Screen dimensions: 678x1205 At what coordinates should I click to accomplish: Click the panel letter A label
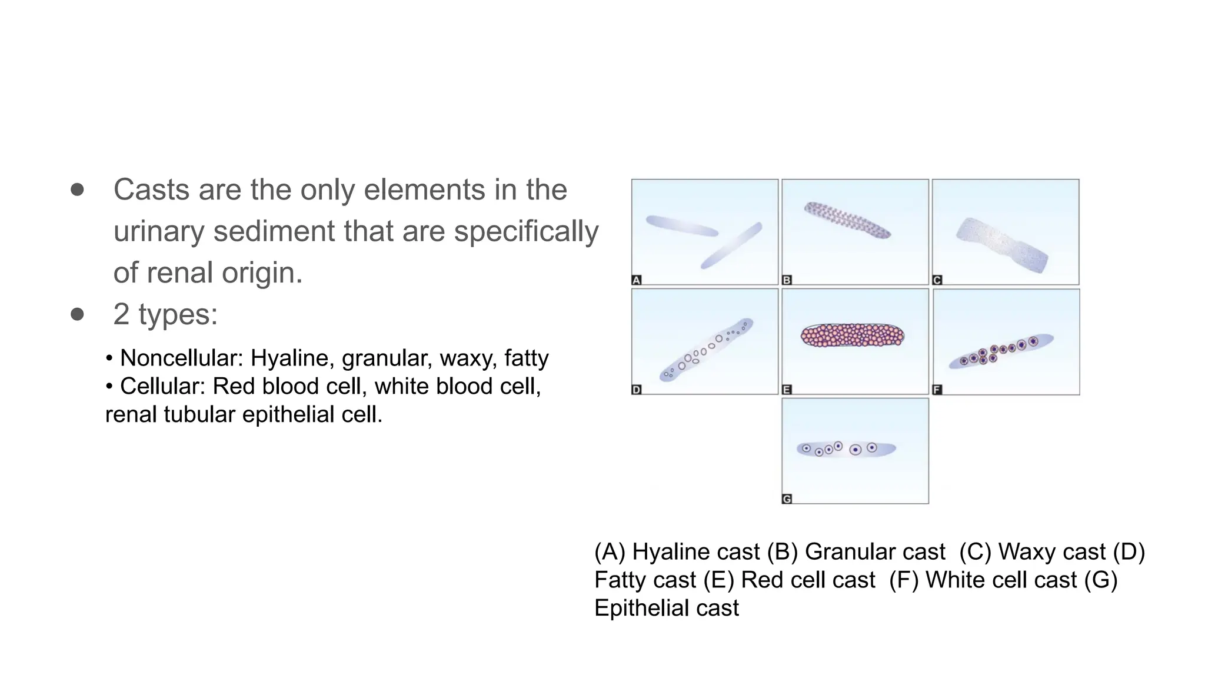click(x=636, y=280)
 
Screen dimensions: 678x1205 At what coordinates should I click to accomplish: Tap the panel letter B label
click(x=787, y=280)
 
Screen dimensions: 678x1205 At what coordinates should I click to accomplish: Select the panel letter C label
click(x=937, y=280)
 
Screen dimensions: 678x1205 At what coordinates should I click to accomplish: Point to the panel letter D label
click(x=636, y=390)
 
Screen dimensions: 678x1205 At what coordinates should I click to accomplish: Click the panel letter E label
click(x=787, y=390)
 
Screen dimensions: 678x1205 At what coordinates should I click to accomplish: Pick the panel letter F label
click(x=937, y=390)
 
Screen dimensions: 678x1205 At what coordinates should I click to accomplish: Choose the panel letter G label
click(x=787, y=499)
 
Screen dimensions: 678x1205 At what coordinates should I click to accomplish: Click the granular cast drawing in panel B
click(x=847, y=220)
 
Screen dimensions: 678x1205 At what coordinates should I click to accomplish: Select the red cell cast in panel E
click(x=853, y=335)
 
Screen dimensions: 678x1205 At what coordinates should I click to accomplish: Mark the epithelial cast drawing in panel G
click(x=846, y=449)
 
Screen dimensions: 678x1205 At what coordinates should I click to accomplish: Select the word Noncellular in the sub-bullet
click(x=181, y=358)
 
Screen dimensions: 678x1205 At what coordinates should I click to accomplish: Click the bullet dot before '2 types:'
click(x=77, y=314)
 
